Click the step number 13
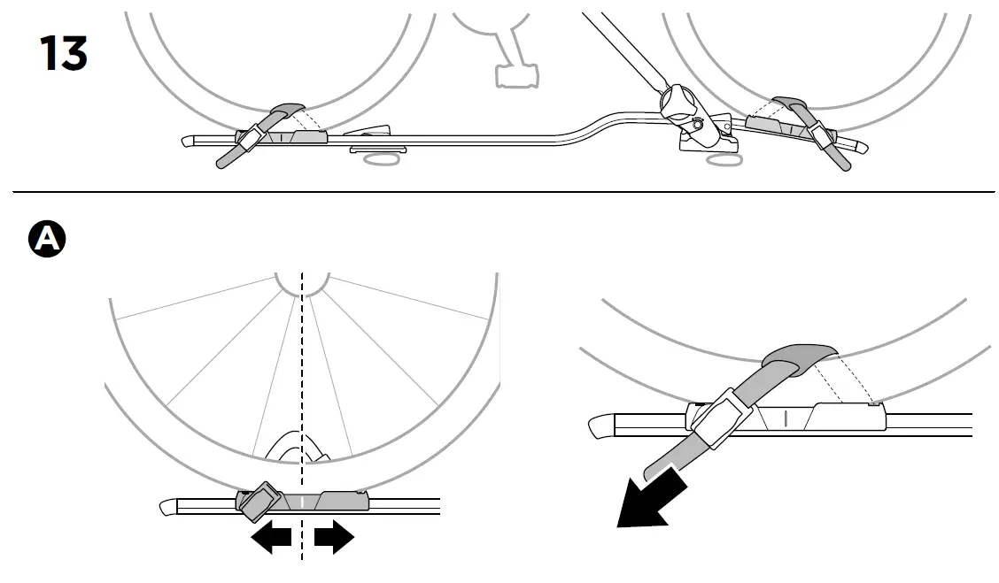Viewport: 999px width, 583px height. click(x=63, y=55)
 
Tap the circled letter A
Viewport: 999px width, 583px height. click(x=47, y=239)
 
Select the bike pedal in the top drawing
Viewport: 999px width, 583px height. click(x=514, y=74)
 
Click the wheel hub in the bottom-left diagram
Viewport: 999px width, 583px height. click(x=302, y=281)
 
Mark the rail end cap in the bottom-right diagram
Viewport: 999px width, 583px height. click(x=601, y=426)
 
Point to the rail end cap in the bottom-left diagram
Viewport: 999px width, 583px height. click(x=168, y=507)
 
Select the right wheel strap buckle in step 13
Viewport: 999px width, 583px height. click(x=822, y=134)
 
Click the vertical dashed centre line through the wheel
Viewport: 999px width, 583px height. click(x=302, y=398)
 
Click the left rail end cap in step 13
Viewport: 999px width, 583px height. click(x=189, y=140)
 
